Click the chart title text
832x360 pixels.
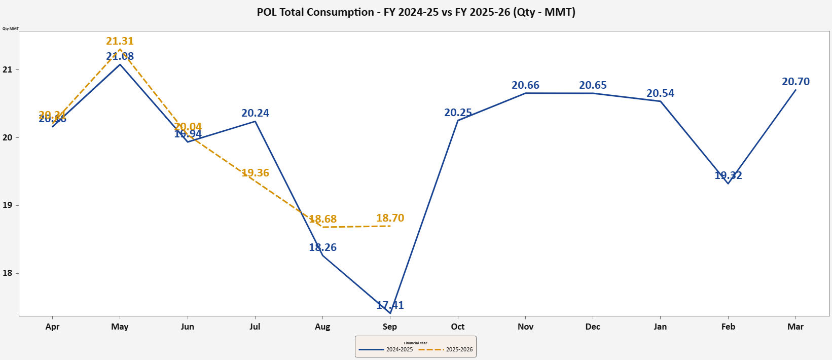coord(416,12)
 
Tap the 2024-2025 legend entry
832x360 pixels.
coord(386,349)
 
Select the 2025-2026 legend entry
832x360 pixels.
coord(446,349)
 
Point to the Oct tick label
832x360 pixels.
coord(457,327)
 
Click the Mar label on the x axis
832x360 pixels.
coord(795,327)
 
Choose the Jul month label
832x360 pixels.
coord(255,327)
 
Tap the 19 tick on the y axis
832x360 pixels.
coord(7,205)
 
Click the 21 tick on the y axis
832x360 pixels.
coord(7,69)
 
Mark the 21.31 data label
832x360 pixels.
coord(120,41)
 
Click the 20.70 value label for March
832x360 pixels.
coord(795,82)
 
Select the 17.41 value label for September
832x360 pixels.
coord(390,305)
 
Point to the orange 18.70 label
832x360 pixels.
coord(390,218)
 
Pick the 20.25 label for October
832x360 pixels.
coord(458,113)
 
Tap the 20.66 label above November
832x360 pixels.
coord(525,85)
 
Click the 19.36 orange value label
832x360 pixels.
coord(255,173)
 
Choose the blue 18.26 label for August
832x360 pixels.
coord(322,247)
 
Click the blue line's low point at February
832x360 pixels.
coord(728,183)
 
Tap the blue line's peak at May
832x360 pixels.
coord(120,64)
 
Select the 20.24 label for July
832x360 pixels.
coord(255,113)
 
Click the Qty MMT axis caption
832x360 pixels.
coord(10,28)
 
